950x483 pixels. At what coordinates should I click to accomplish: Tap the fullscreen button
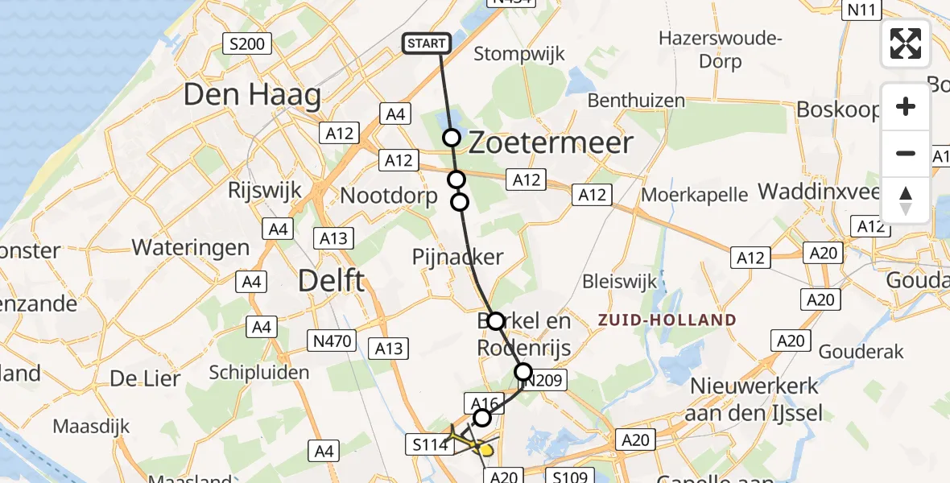tap(906, 43)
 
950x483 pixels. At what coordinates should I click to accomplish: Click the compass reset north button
tap(906, 200)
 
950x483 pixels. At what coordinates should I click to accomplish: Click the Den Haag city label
tap(252, 96)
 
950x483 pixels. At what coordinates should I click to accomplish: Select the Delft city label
tap(332, 281)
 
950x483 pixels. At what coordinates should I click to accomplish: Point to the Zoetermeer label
tap(550, 143)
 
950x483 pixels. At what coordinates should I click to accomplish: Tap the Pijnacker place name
tap(457, 258)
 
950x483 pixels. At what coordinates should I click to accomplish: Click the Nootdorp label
tap(389, 196)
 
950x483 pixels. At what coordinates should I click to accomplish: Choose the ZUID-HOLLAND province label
tap(667, 320)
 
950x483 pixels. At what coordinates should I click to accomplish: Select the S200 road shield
tap(248, 43)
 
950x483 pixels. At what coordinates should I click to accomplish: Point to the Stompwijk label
tap(519, 55)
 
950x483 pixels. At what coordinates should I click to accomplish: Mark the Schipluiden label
tap(258, 372)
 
